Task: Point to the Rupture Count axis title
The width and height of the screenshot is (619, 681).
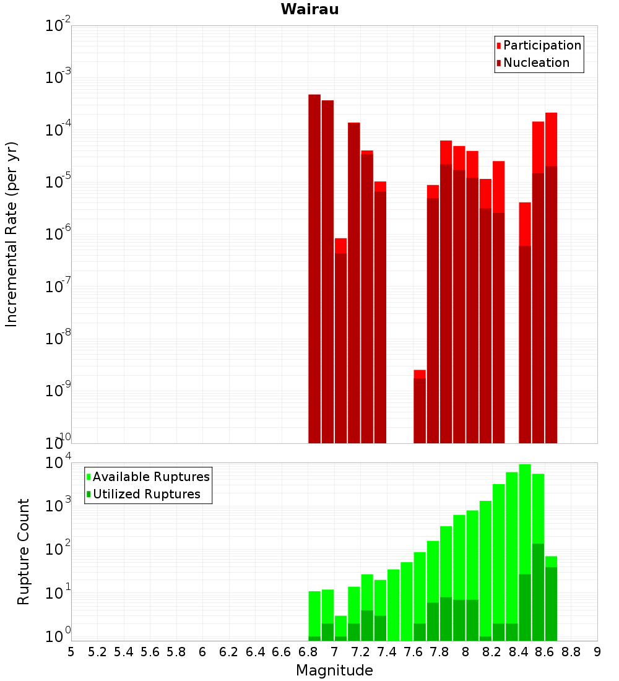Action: tap(24, 552)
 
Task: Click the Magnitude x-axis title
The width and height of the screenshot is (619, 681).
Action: tap(334, 670)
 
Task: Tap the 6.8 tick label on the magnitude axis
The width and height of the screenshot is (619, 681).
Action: tap(308, 652)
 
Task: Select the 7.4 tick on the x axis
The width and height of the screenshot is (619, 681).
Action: tap(387, 652)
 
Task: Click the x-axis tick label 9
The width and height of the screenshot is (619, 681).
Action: tap(597, 652)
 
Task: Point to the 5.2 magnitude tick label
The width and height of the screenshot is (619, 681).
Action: tap(97, 652)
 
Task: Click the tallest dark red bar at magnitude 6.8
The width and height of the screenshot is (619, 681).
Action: tap(314, 266)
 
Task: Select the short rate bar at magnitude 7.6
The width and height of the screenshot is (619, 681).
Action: tap(420, 409)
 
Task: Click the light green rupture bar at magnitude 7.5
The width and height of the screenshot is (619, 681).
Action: tap(407, 601)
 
